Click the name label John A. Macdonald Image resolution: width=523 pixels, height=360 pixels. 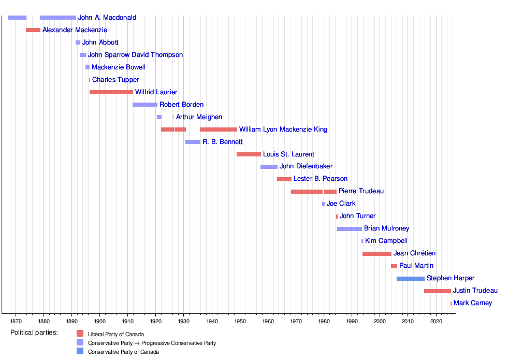[107, 18]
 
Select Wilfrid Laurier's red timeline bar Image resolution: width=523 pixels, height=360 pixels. [111, 92]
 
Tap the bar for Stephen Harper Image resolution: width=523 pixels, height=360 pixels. [411, 279]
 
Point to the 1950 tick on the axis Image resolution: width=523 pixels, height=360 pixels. [240, 313]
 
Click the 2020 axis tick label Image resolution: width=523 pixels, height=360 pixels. [436, 321]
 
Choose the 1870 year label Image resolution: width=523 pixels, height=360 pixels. [16, 321]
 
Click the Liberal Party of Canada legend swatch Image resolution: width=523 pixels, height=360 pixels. [80, 334]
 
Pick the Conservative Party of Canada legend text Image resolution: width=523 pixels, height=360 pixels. [123, 352]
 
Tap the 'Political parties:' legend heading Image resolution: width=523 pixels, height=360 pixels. [34, 333]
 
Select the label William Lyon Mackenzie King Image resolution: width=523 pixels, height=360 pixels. [283, 129]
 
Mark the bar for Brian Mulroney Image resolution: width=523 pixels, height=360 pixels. [350, 229]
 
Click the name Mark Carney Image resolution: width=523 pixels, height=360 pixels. [473, 303]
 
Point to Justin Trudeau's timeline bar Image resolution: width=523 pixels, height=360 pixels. [438, 291]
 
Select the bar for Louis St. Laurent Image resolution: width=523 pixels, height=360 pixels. [249, 154]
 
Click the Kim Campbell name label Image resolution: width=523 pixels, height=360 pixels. [386, 241]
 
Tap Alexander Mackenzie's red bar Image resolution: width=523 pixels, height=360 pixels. [33, 30]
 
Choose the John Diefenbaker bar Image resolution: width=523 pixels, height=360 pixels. [269, 167]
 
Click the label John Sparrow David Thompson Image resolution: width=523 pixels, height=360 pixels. [135, 55]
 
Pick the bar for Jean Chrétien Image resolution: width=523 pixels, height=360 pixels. [377, 254]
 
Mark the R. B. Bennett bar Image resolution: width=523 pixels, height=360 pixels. [193, 142]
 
